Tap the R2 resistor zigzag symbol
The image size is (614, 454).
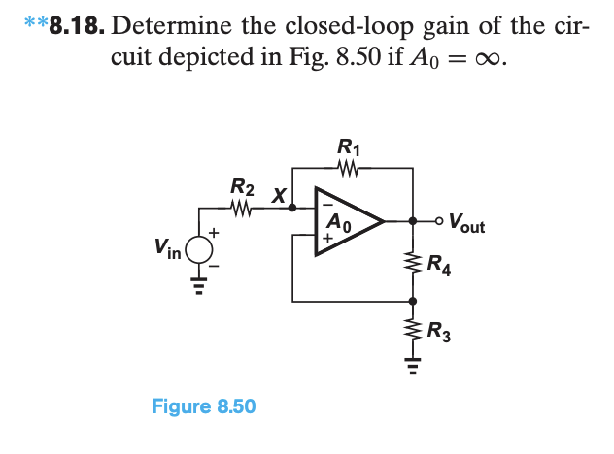(243, 207)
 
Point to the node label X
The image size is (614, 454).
(278, 194)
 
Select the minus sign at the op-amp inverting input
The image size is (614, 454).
(326, 206)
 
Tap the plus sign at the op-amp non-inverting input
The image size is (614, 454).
(326, 236)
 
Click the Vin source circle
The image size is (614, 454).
(198, 249)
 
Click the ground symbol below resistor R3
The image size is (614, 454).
(413, 367)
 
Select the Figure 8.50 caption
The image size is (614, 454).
(204, 405)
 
